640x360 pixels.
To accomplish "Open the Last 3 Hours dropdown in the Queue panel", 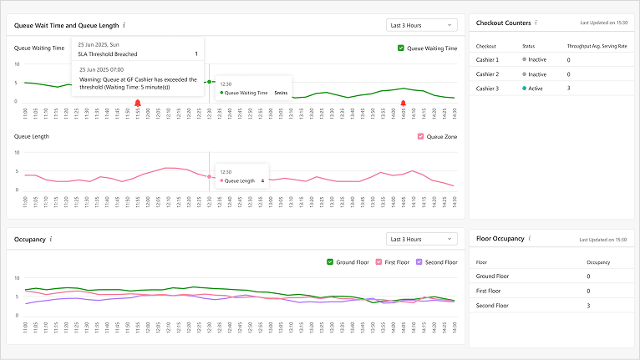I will [422, 25].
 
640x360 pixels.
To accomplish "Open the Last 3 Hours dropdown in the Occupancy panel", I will [422, 239].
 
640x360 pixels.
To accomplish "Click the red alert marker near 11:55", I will [137, 103].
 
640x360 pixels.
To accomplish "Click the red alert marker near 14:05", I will [403, 103].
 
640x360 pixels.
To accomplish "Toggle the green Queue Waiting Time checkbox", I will [401, 48].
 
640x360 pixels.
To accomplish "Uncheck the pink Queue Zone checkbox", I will [420, 136].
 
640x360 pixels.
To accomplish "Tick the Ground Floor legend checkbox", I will [330, 262].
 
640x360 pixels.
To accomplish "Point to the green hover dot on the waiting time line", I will [209, 82].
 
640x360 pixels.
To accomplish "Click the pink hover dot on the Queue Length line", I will [209, 176].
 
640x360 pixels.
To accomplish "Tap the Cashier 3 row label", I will [487, 88].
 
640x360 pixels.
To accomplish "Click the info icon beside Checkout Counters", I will [536, 23].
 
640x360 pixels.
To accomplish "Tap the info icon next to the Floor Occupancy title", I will [530, 238].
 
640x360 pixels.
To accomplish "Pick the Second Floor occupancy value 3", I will [588, 306].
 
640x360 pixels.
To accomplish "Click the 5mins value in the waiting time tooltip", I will [281, 93].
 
